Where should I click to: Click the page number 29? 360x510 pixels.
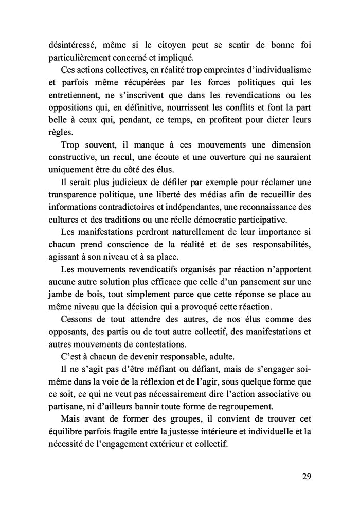(306, 476)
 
